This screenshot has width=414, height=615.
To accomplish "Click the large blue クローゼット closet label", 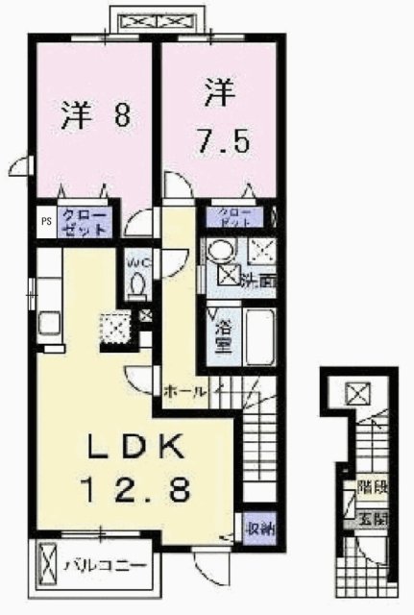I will point(84,223).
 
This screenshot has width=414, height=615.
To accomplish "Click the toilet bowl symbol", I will point(136,285).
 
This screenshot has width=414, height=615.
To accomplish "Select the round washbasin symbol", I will point(219,252).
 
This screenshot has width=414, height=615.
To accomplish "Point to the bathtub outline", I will point(260,336).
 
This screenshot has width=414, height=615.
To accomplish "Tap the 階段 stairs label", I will point(371,487).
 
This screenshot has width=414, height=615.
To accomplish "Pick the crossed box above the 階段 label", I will point(357,392).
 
